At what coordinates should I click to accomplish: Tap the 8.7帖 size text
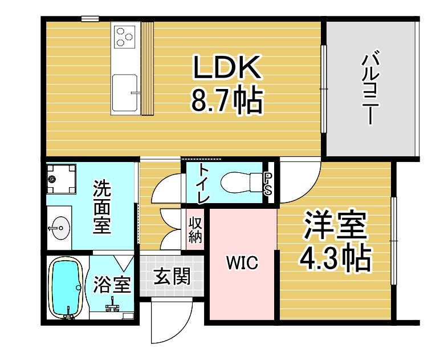226,101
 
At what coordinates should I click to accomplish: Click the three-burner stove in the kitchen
126,35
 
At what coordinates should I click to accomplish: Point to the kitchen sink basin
126,92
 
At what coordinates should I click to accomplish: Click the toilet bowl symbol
239,182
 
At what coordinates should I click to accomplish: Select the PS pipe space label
268,183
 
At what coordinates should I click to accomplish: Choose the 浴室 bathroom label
113,283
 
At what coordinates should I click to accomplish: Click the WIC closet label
242,263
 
